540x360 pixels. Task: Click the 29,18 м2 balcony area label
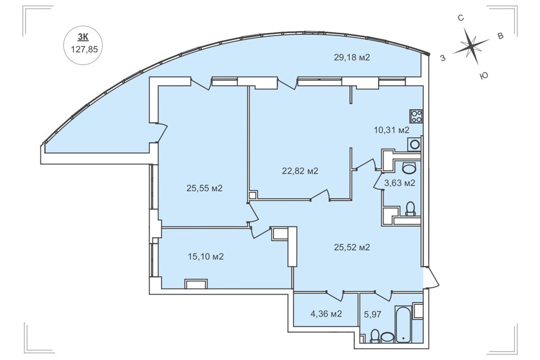(x=352, y=57)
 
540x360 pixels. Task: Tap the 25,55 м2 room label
(x=205, y=188)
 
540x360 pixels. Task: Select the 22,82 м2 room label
(x=300, y=170)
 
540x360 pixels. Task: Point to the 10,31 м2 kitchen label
(x=391, y=130)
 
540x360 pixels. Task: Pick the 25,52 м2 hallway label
(x=352, y=247)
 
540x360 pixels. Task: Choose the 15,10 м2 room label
(x=206, y=256)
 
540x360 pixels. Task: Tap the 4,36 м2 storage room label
(x=326, y=313)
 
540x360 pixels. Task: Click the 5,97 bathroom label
(x=372, y=314)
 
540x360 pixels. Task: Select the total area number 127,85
(x=84, y=49)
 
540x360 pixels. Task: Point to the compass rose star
(x=471, y=46)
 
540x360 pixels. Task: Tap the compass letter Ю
(x=484, y=75)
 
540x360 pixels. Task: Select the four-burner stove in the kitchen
(x=416, y=116)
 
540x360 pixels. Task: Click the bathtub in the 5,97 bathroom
(x=403, y=323)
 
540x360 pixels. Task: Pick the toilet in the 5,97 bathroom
(x=375, y=336)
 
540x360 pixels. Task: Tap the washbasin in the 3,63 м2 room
(x=409, y=168)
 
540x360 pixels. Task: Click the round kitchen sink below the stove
(x=415, y=144)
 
